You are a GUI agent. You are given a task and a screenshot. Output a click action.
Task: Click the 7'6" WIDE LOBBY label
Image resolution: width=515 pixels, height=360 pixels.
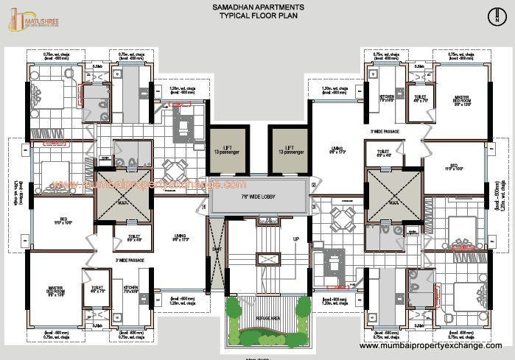tap(257, 196)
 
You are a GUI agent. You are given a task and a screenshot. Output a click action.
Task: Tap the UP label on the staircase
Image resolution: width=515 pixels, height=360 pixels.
tap(296, 239)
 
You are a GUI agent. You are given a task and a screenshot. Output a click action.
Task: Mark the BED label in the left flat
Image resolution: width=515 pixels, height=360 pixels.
tap(63, 220)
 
